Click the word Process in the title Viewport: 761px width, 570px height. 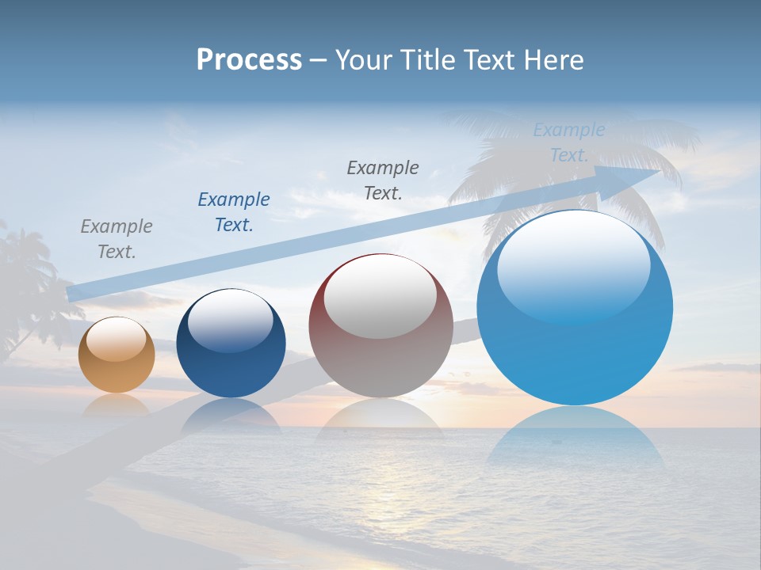pos(249,60)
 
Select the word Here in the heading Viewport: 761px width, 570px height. pos(554,60)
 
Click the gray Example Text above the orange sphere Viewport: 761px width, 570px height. pos(117,239)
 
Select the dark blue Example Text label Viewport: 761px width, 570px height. pos(234,212)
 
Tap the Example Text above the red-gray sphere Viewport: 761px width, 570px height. pos(383,180)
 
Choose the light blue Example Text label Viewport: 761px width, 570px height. pos(569,142)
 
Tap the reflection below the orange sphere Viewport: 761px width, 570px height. pos(117,404)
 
